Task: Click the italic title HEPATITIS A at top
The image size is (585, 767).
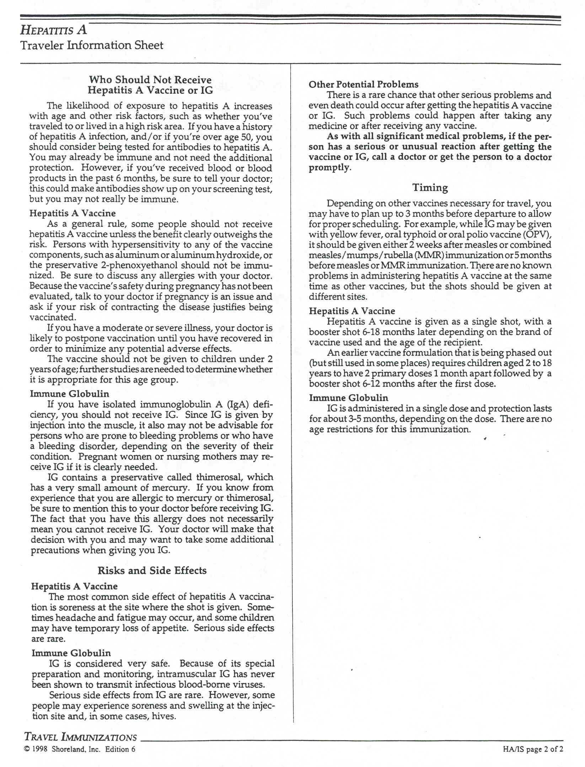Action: [53, 30]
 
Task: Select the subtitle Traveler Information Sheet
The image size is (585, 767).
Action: [92, 45]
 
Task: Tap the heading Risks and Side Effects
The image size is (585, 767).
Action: [152, 570]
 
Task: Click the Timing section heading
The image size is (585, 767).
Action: [430, 187]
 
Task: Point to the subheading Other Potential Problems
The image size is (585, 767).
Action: [364, 85]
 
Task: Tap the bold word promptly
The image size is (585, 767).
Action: [329, 168]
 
